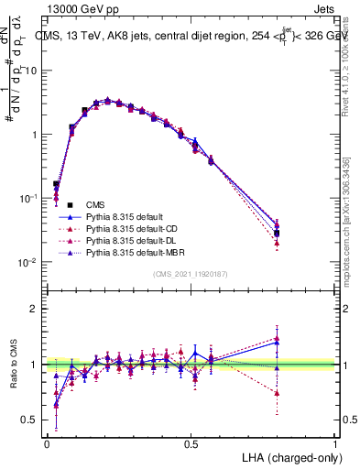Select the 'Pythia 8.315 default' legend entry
(x=127, y=216)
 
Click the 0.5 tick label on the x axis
(x=191, y=443)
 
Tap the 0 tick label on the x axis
(x=47, y=443)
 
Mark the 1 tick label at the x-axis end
(x=334, y=443)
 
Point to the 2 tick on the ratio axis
(x=33, y=309)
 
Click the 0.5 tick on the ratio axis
(x=28, y=420)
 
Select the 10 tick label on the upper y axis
(x=29, y=71)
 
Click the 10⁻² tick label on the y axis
(x=27, y=262)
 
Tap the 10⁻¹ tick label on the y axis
(x=27, y=198)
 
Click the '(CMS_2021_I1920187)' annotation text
(x=191, y=274)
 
